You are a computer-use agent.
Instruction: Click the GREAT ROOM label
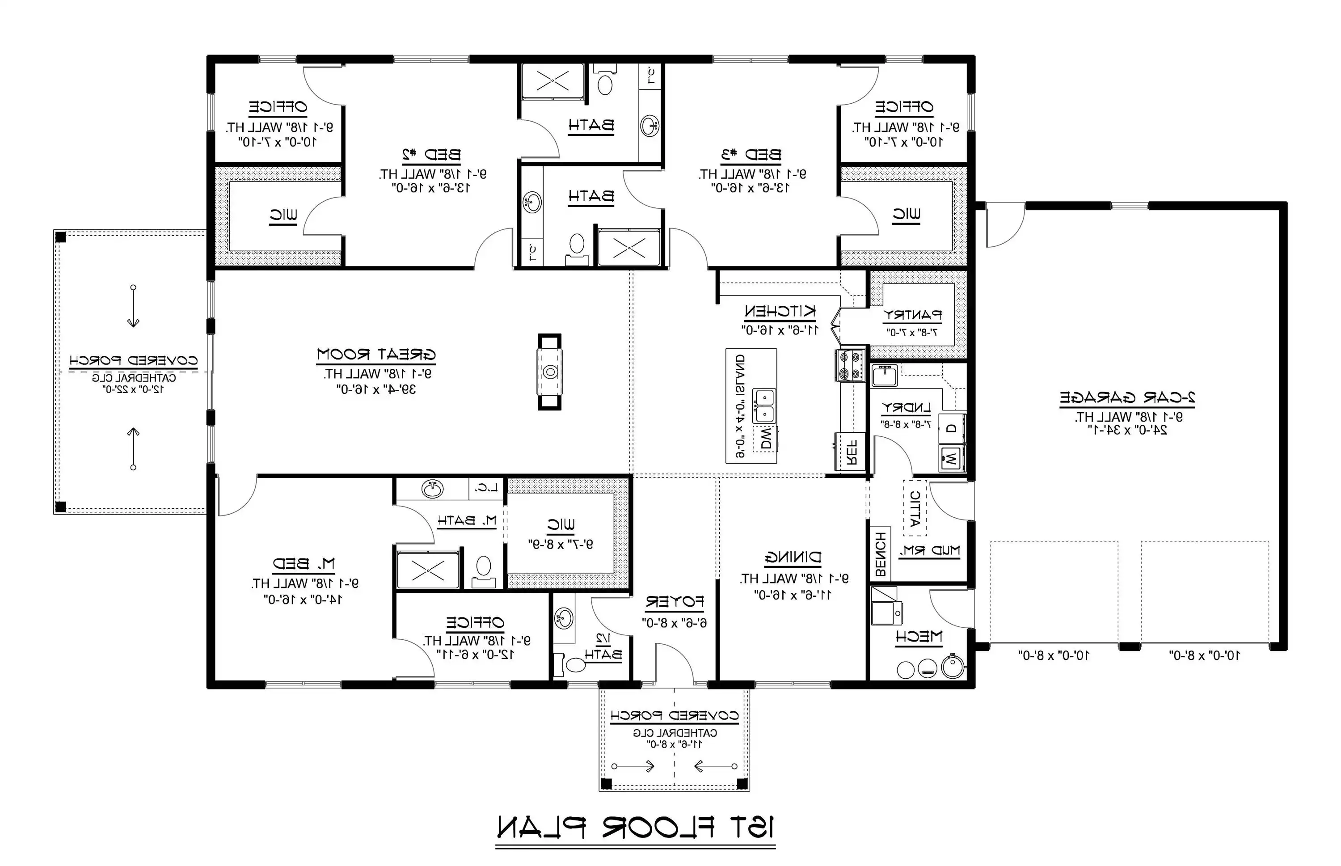click(x=376, y=355)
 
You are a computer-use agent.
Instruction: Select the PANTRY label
click(x=912, y=315)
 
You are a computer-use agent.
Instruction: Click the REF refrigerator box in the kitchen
click(x=851, y=451)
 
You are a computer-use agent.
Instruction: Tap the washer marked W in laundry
click(x=951, y=458)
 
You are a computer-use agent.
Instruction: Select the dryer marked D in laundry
click(x=951, y=428)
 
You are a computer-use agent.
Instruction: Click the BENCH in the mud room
click(x=881, y=554)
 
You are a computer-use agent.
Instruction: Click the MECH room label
click(x=918, y=637)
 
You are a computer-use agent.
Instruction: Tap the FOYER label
click(x=674, y=602)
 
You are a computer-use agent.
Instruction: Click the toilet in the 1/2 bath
click(x=574, y=665)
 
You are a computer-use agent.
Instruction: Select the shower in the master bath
click(x=428, y=570)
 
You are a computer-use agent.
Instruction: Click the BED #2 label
click(x=431, y=154)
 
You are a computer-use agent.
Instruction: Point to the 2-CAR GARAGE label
click(x=1127, y=397)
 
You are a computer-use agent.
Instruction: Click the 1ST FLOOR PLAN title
click(x=635, y=827)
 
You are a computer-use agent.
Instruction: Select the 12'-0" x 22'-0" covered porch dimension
click(x=133, y=389)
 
